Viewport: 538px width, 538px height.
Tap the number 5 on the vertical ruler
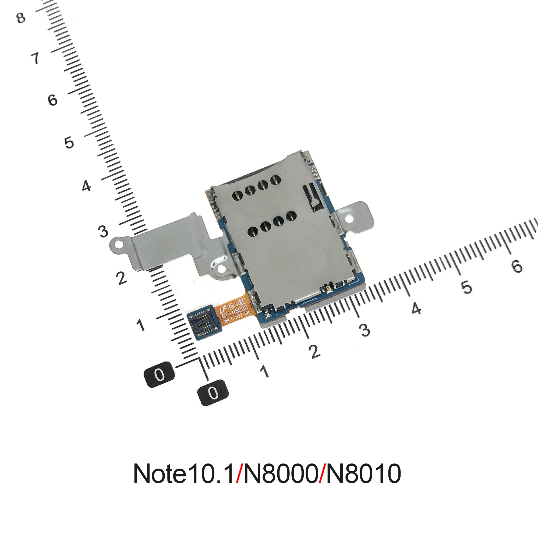coord(69,143)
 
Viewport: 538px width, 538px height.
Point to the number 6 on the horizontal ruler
coord(517,266)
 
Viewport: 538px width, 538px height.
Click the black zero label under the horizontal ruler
coord(213,393)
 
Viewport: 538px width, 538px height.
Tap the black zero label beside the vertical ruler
coord(159,374)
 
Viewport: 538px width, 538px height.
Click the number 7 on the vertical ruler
coord(35,58)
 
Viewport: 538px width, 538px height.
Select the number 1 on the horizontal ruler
coord(264,371)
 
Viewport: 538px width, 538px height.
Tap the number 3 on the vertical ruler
coord(103,231)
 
